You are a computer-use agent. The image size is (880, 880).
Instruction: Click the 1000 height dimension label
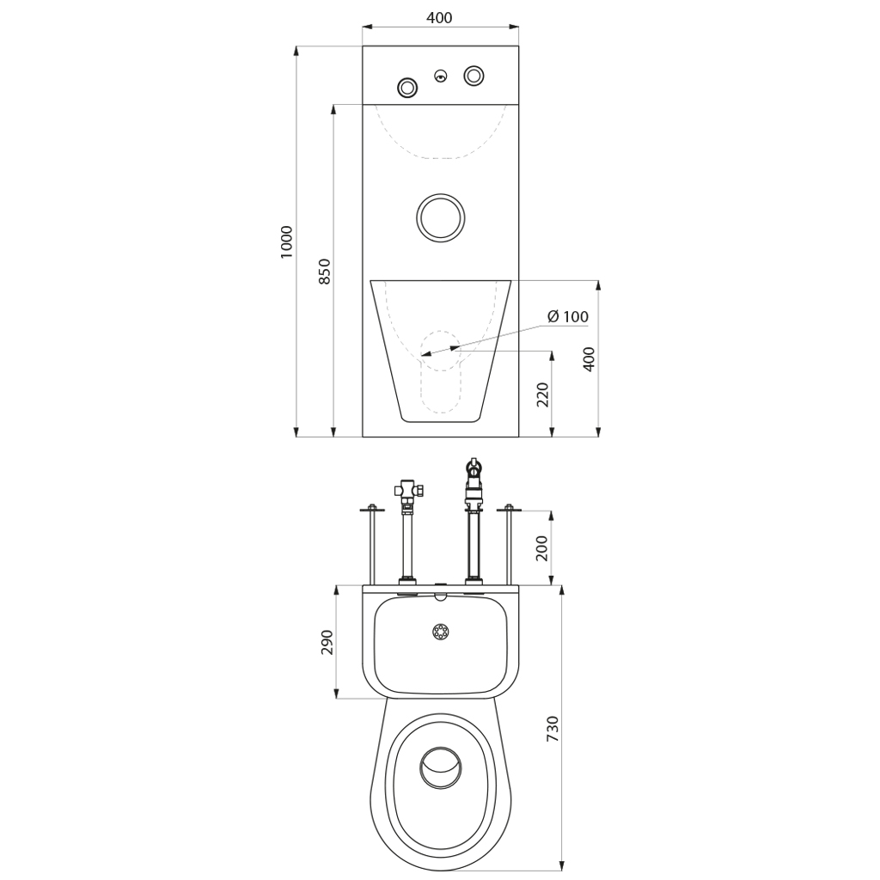286,241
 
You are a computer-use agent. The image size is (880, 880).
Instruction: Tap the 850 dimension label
324,271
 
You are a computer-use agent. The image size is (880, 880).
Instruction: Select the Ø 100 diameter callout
567,316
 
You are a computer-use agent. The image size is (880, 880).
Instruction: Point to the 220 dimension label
542,394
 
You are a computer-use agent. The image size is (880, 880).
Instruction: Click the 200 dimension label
542,547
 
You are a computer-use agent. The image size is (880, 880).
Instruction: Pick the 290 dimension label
327,642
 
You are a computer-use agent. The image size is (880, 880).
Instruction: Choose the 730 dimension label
553,729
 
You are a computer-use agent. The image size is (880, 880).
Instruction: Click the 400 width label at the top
439,18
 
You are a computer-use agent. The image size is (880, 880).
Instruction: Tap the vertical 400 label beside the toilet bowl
588,359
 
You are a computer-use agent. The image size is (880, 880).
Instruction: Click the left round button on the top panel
406,87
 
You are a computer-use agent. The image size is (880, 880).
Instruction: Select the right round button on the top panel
474,76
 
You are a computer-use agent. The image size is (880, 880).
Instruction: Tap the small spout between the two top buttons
441,76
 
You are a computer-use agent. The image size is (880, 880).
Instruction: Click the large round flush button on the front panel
441,217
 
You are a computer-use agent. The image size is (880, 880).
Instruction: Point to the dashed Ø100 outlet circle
441,351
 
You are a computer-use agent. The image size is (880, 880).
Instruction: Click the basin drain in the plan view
441,632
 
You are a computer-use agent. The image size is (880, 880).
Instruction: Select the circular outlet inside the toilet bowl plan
441,767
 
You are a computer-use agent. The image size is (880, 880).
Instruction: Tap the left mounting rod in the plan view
372,545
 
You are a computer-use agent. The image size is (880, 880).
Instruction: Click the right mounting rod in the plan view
509,545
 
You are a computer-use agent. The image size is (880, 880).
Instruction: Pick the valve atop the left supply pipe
409,492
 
